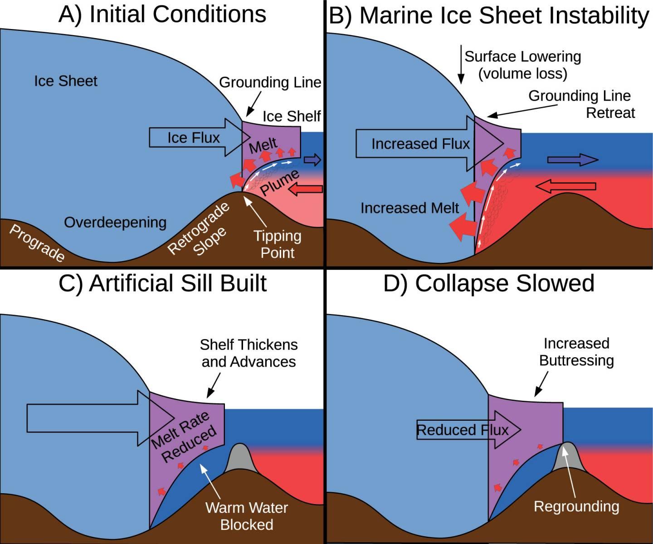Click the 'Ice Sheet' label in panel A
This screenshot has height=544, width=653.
click(x=66, y=81)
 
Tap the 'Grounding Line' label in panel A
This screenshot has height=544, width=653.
click(x=270, y=83)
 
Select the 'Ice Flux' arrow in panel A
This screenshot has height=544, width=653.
click(x=194, y=137)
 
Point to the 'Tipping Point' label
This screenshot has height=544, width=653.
click(x=277, y=244)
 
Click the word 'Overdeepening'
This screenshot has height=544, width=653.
click(x=115, y=223)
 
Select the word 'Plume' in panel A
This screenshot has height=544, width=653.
click(x=280, y=182)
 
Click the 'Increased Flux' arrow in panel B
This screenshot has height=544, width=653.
click(x=420, y=144)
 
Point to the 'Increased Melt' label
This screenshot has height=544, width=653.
click(x=410, y=208)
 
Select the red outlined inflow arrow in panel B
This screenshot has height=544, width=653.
click(x=565, y=186)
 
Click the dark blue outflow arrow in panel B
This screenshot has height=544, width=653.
click(x=572, y=160)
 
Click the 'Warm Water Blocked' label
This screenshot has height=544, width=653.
click(x=247, y=516)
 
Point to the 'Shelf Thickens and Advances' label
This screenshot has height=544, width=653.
click(x=249, y=353)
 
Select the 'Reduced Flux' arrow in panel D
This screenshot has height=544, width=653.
click(x=463, y=430)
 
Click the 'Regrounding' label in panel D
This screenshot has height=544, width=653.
click(x=576, y=506)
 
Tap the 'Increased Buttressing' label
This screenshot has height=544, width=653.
click(x=576, y=352)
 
